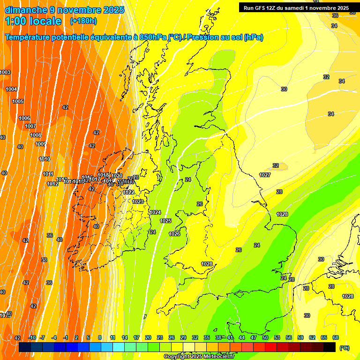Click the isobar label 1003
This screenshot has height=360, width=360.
tap(5, 72)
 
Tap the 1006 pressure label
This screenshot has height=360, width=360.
tap(24, 118)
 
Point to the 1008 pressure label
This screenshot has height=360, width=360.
tap(36, 135)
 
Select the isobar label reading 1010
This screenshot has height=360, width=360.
tap(45, 159)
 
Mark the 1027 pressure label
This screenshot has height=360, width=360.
tap(265, 175)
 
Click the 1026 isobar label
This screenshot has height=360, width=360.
tap(174, 233)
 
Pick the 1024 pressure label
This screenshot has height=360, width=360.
tap(156, 212)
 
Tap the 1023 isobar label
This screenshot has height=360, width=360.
tap(138, 202)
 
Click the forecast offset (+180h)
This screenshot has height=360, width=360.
tap(83, 21)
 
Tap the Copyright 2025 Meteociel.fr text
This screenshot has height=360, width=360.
tap(199, 356)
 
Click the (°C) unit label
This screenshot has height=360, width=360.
tap(344, 347)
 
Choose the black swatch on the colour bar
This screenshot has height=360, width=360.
tap(330, 347)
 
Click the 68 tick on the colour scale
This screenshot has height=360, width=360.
tap(336, 337)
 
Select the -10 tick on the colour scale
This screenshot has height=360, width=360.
tap(32, 337)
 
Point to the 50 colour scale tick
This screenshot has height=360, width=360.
tap(265, 337)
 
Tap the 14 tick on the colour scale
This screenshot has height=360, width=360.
tap(125, 337)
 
